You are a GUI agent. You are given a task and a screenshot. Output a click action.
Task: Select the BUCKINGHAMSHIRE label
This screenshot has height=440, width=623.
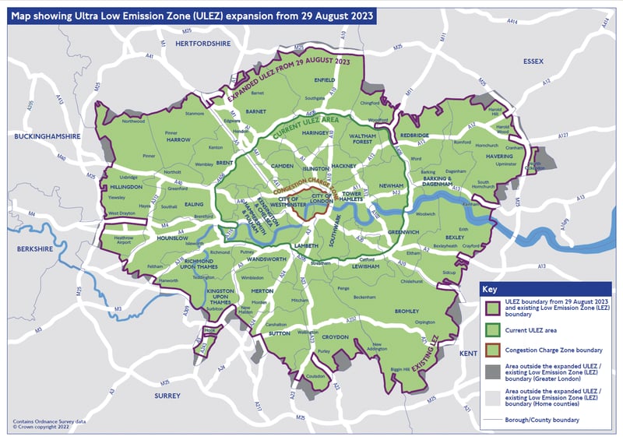click(x=48, y=136)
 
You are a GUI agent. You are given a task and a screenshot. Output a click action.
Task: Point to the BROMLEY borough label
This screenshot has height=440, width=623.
click(x=407, y=312)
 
